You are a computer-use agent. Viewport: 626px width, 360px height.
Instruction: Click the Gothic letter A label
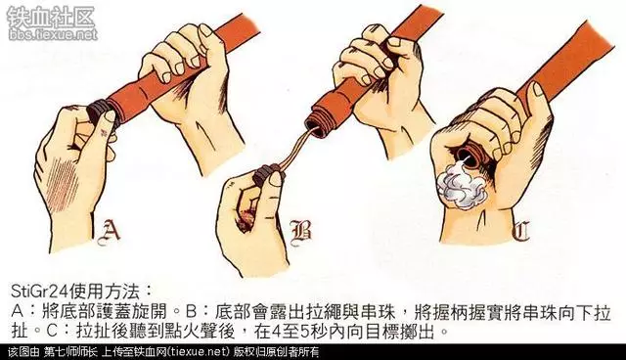tap(109, 232)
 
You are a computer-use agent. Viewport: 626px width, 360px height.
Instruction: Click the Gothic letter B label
tap(301, 233)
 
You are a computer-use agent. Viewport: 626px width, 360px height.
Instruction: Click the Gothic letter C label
tap(521, 232)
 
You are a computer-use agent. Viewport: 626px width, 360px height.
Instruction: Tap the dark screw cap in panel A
tap(100, 112)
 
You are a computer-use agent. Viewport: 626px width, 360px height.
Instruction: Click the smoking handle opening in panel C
tap(468, 157)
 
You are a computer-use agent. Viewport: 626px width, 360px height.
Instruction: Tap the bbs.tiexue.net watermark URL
tap(52, 34)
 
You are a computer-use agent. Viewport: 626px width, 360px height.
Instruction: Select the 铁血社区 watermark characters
tap(51, 18)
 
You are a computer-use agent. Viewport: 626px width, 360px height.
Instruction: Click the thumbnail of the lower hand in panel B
tap(276, 178)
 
